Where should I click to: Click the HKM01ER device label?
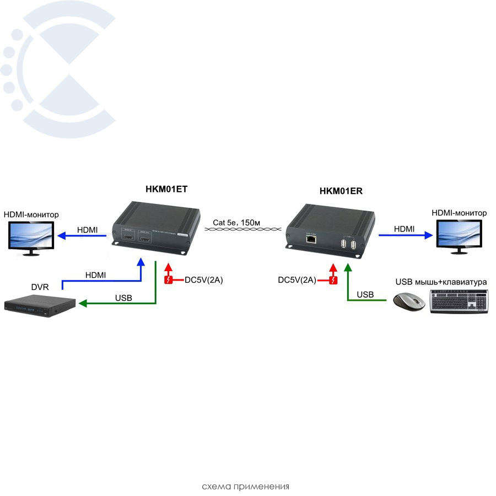click(341, 191)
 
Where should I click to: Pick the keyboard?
click(460, 301)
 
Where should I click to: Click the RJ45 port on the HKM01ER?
click(310, 239)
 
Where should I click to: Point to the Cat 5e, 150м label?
click(236, 223)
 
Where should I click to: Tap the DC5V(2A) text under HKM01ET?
click(203, 281)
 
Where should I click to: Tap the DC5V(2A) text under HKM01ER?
click(297, 281)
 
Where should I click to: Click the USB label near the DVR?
click(123, 298)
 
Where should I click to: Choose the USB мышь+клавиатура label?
click(441, 282)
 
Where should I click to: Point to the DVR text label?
click(40, 287)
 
